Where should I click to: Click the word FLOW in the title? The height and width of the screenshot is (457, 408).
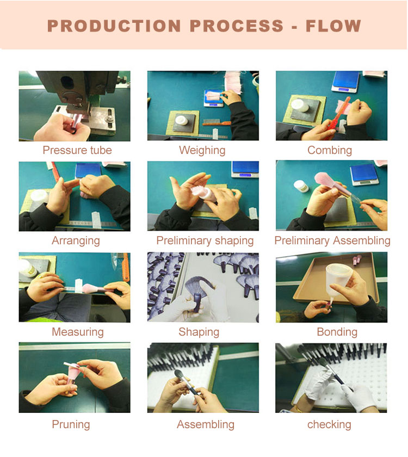(x=333, y=26)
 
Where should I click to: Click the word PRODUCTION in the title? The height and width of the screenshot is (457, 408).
(x=114, y=26)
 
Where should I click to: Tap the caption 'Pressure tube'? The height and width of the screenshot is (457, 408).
(x=77, y=150)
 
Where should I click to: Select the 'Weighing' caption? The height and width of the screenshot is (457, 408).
(x=202, y=150)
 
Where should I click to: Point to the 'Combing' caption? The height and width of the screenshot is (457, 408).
(x=330, y=150)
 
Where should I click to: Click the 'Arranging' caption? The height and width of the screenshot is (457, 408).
(x=76, y=240)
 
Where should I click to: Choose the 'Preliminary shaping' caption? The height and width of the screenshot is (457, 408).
(x=205, y=240)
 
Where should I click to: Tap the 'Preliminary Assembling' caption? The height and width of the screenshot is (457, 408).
(x=332, y=240)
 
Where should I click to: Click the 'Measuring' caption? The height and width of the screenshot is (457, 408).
(x=77, y=332)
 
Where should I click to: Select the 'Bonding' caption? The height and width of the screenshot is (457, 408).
(x=337, y=332)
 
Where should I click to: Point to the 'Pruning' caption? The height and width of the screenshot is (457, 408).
(x=71, y=424)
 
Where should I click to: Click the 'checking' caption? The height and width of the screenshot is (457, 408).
(x=329, y=425)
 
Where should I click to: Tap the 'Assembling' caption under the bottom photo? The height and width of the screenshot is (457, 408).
(x=206, y=424)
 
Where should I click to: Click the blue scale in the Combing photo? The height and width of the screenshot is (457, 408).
(x=345, y=81)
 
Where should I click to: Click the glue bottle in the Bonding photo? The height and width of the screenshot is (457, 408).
(x=337, y=280)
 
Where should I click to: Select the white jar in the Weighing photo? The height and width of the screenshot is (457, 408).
(x=181, y=120)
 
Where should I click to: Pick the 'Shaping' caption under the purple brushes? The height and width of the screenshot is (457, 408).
(x=199, y=332)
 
